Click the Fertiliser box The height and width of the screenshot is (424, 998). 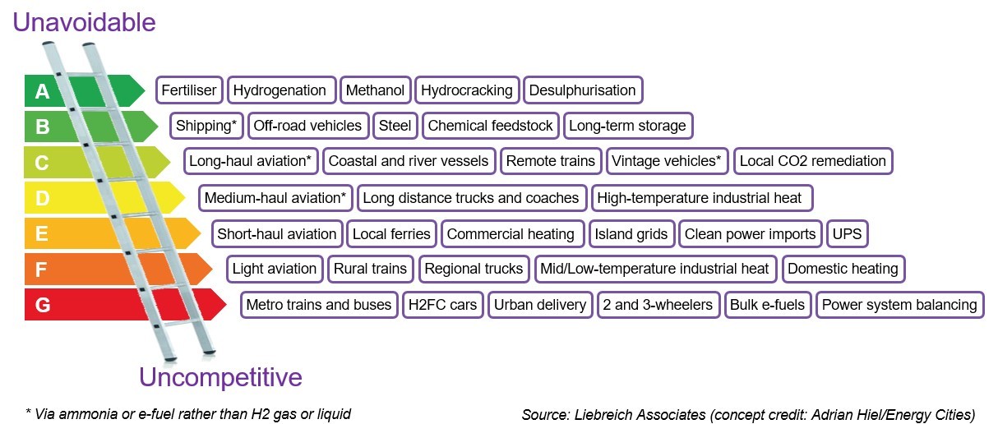[188, 90]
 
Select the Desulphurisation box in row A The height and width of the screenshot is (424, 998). [582, 90]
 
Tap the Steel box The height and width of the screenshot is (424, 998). [395, 126]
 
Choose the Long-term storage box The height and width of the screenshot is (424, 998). [627, 126]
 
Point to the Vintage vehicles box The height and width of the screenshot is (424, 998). [667, 161]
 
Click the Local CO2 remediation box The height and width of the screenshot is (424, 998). [812, 161]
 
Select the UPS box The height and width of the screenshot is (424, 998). [847, 234]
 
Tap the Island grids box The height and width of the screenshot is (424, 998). [631, 234]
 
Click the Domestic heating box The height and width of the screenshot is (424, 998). [843, 269]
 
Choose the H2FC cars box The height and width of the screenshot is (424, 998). [441, 305]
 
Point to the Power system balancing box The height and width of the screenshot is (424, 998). [899, 305]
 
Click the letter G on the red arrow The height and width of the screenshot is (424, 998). [43, 306]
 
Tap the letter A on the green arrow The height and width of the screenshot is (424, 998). [43, 91]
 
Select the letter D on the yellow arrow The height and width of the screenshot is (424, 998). [43, 199]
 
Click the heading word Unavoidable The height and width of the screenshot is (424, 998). [83, 22]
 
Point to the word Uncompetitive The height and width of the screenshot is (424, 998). [220, 378]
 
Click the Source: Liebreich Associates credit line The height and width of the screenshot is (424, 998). [748, 414]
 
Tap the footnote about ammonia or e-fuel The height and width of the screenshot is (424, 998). [188, 413]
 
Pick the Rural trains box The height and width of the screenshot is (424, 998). [370, 269]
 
